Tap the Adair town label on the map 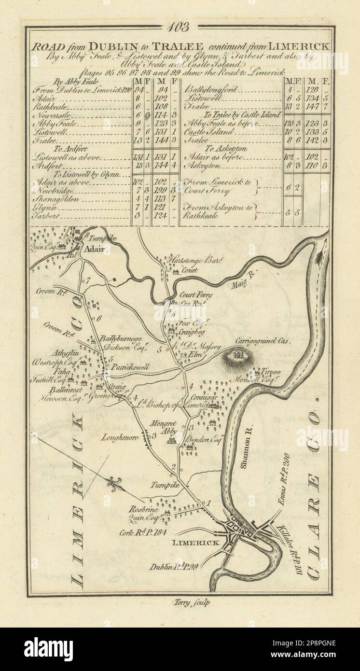click(96, 250)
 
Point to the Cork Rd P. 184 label click(146, 533)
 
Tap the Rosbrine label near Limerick click(143, 508)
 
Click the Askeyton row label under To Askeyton click(202, 165)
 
